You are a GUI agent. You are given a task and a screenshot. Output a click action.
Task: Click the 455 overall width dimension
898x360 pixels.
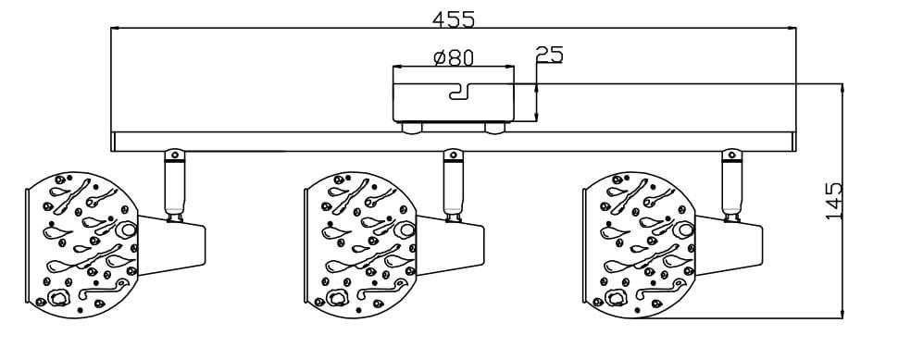(x=454, y=19)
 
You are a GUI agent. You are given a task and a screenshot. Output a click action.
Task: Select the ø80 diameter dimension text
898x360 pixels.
(x=454, y=57)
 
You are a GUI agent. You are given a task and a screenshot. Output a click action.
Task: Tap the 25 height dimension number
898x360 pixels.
(x=549, y=54)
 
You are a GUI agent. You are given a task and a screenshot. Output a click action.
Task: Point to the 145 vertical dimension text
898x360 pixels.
(x=834, y=201)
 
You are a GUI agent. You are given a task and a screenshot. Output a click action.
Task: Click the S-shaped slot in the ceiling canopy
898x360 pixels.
(x=460, y=91)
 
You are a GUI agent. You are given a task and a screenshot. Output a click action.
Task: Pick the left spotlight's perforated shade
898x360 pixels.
(x=81, y=245)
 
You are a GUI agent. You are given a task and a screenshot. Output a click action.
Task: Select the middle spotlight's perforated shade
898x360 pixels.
(x=360, y=245)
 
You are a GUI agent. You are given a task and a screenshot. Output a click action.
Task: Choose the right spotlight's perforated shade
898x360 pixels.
(x=639, y=245)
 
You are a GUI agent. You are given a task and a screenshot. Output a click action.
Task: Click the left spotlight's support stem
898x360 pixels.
(x=175, y=185)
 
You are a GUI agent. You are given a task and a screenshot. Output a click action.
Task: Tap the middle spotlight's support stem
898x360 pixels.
(x=453, y=185)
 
